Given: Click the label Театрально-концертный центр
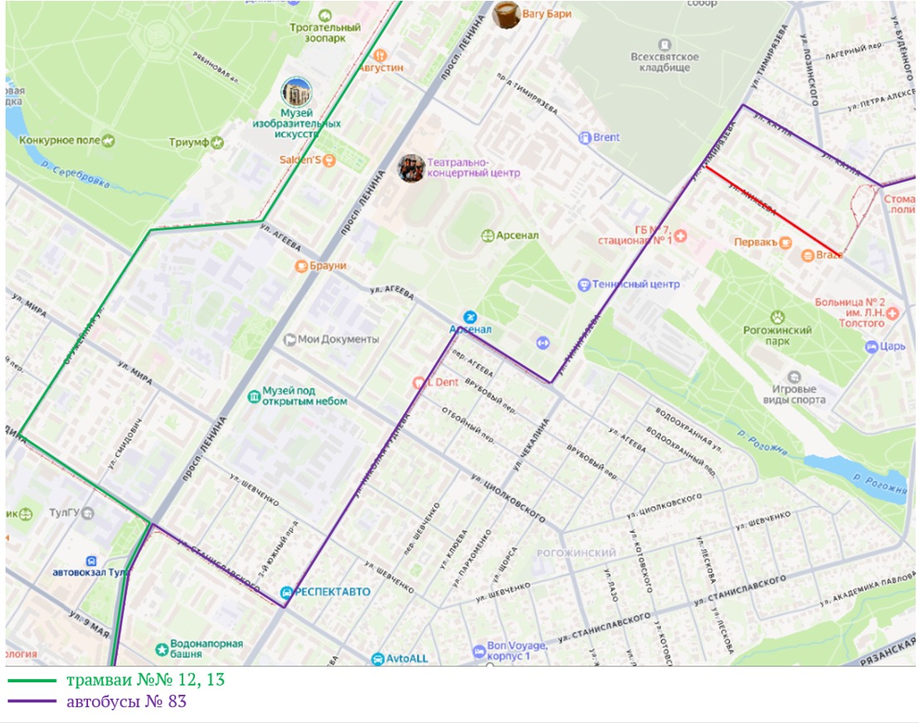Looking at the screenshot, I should pos(473,168).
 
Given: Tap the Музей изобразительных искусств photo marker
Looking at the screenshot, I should pos(296,92).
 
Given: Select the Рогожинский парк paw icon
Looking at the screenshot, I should pos(777,317).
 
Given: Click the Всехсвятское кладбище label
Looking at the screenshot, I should pos(664,62).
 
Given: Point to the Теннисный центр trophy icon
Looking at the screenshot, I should pos(584,285).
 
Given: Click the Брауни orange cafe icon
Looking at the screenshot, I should pos(302,266).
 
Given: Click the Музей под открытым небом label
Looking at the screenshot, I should pos(305,396).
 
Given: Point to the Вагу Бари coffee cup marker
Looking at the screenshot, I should pos(506,14).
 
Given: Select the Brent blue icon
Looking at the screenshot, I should pos(584,137).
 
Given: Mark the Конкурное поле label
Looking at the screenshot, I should pos(60,142).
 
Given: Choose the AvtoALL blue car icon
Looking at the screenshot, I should pos(378,658).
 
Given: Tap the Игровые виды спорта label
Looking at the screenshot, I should pos(794,394).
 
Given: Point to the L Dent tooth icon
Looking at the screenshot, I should pos(419,383).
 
